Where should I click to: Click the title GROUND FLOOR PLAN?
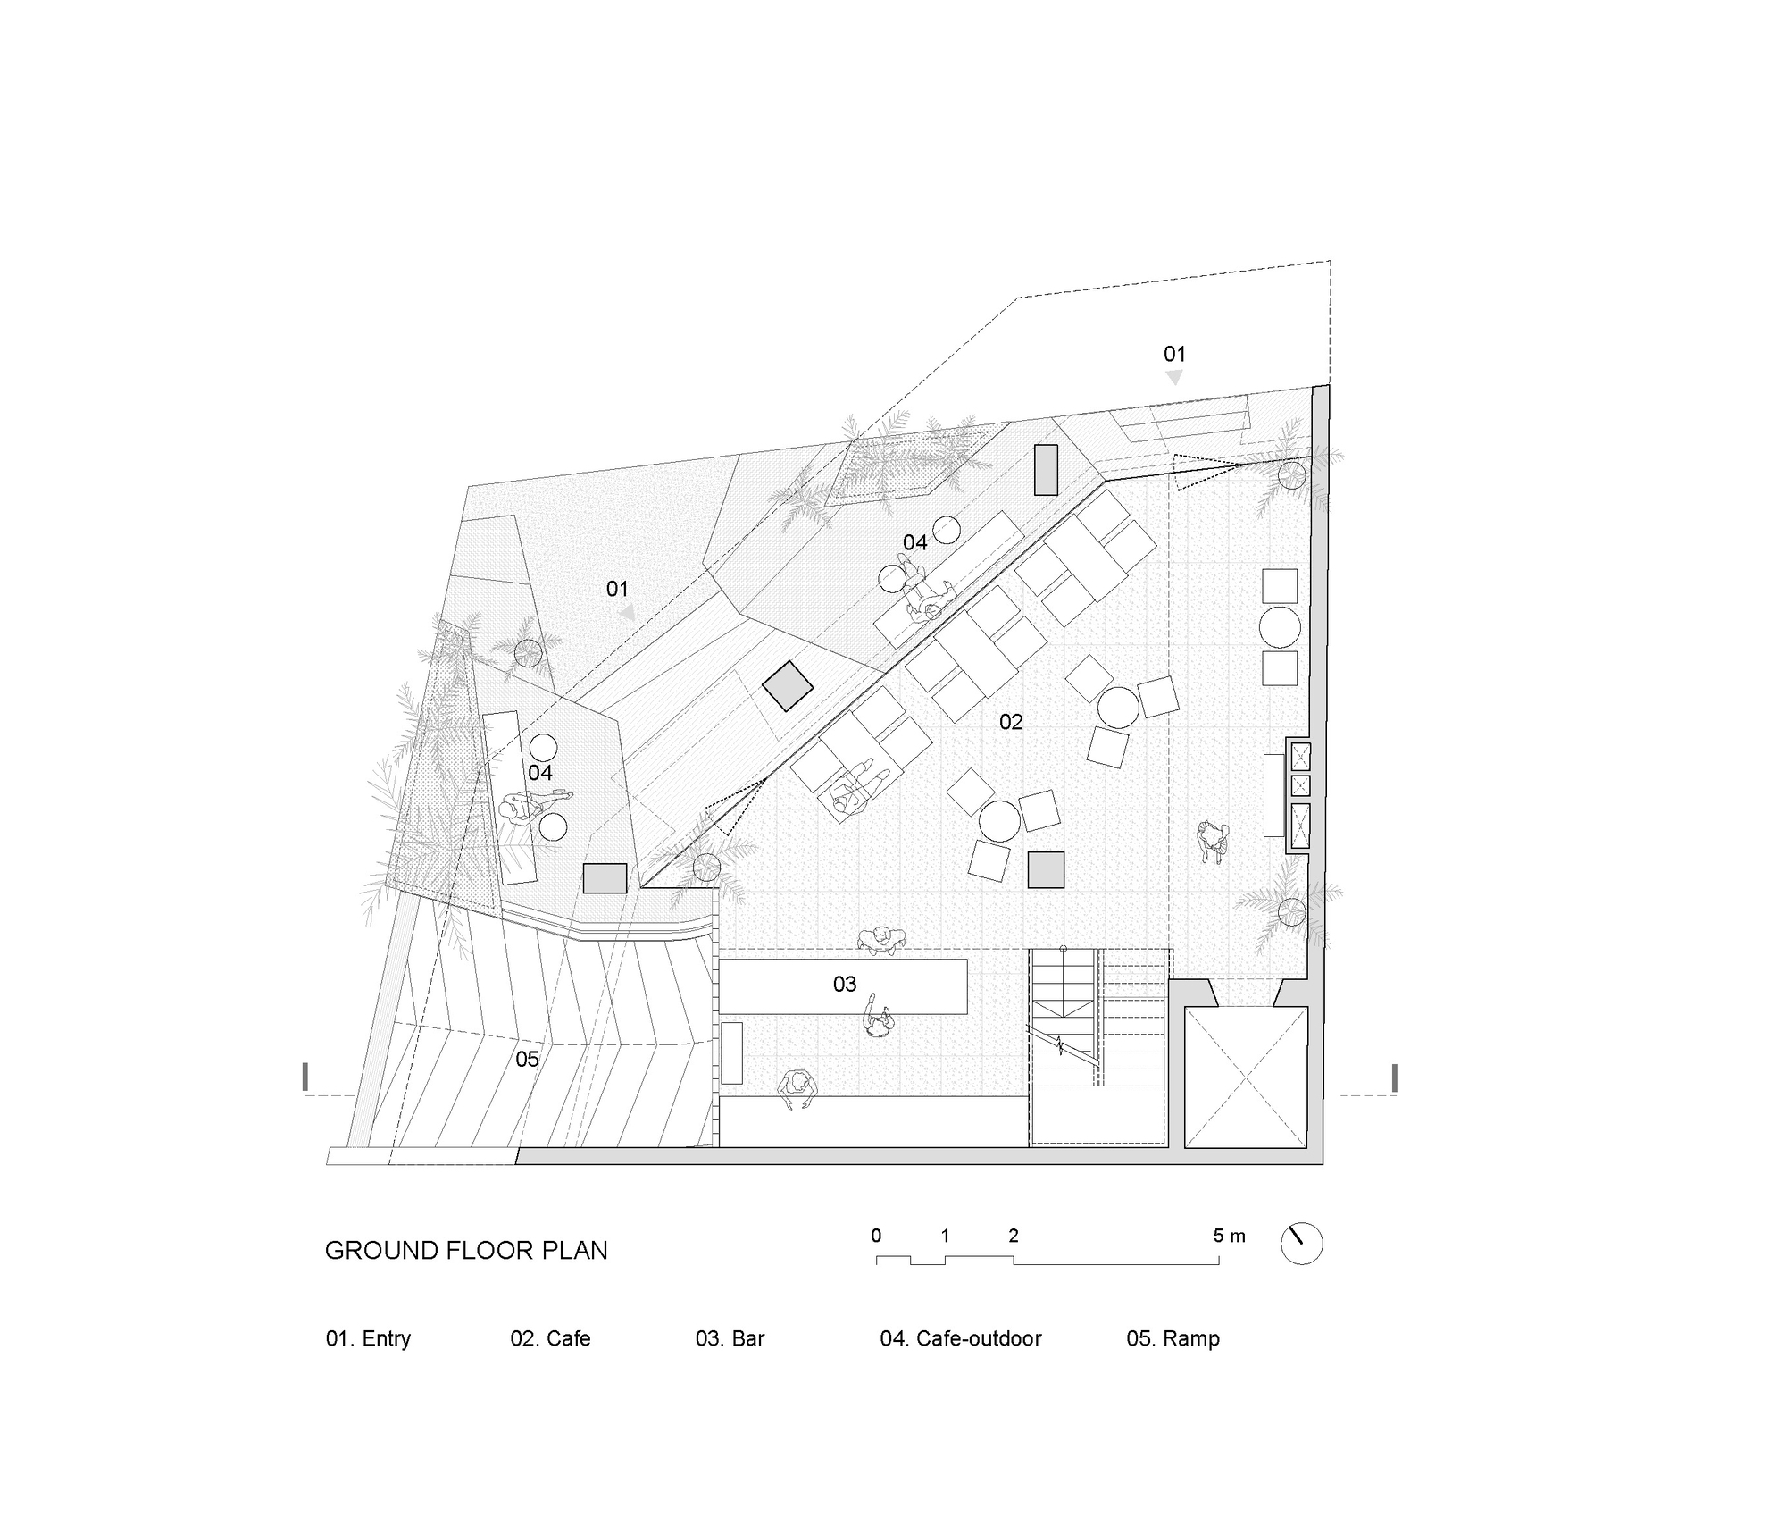465,1250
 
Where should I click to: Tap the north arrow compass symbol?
1301,1243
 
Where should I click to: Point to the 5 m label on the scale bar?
1228,1236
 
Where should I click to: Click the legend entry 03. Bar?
730,1338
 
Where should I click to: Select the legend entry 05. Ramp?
1172,1338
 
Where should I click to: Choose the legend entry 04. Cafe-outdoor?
960,1338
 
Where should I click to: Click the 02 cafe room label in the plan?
1010,722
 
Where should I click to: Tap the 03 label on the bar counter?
844,984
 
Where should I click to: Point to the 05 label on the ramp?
527,1059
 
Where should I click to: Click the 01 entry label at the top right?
1173,354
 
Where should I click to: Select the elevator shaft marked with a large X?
1246,1077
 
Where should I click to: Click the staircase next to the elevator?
1098,1045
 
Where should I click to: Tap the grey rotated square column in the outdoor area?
787,685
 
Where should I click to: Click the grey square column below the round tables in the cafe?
1045,869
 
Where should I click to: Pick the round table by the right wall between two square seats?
1279,627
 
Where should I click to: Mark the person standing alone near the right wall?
1213,841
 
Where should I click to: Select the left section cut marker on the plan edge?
306,1077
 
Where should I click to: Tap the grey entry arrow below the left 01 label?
628,612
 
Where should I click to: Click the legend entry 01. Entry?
368,1338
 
